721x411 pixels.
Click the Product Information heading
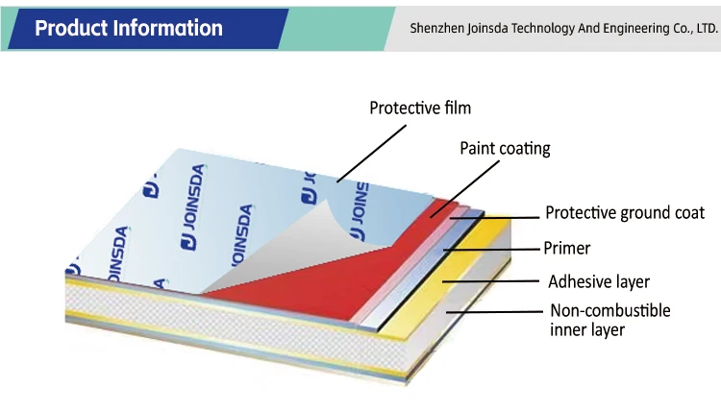(128, 28)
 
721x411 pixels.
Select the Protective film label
(420, 108)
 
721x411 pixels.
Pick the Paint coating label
(505, 148)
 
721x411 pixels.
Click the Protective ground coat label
(625, 213)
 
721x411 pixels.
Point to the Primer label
(567, 248)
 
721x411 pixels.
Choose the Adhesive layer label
(599, 281)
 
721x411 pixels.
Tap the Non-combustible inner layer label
(609, 320)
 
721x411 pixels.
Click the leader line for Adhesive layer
(490, 282)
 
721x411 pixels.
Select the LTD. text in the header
(692, 28)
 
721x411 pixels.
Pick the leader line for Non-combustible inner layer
(494, 312)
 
